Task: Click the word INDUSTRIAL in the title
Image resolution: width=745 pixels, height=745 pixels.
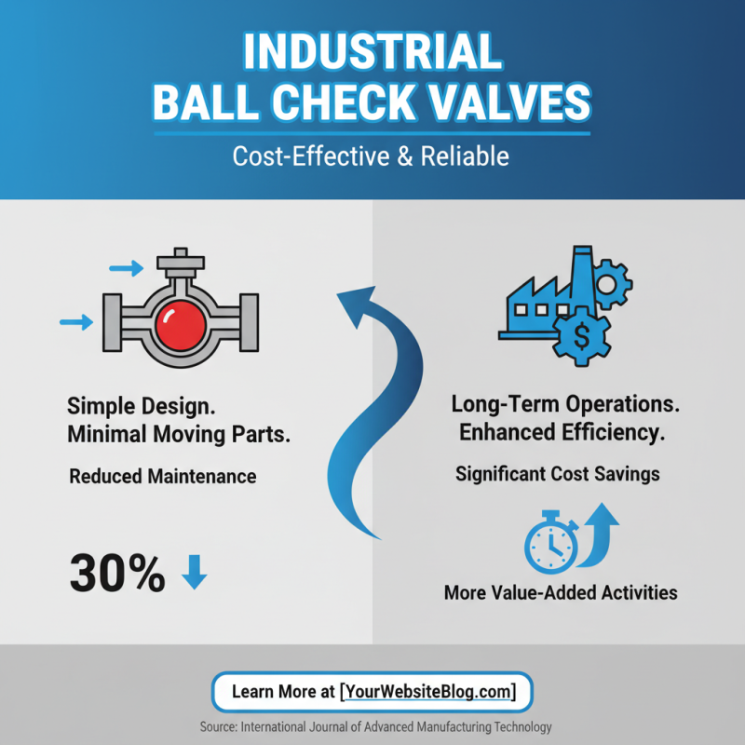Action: [x=372, y=54]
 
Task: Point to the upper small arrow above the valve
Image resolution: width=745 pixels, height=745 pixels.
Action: [x=126, y=269]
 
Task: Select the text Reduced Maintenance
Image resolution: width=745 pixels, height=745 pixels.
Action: [x=163, y=476]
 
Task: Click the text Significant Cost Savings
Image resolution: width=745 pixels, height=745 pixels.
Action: [x=557, y=474]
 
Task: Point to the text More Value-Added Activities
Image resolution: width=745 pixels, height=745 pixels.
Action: [x=560, y=592]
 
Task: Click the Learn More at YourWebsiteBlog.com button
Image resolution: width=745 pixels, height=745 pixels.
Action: [x=372, y=692]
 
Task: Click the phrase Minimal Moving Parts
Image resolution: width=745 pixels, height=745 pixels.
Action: [x=177, y=434]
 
